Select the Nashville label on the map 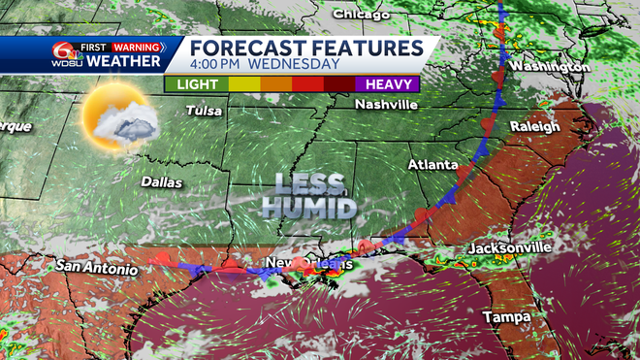coord(386,105)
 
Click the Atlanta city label coord(432,165)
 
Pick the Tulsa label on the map coord(205,111)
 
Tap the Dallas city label coord(161,181)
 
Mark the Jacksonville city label coord(510,248)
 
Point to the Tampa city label coord(507,318)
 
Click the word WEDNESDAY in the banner coord(294,65)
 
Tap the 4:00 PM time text coord(216,65)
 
